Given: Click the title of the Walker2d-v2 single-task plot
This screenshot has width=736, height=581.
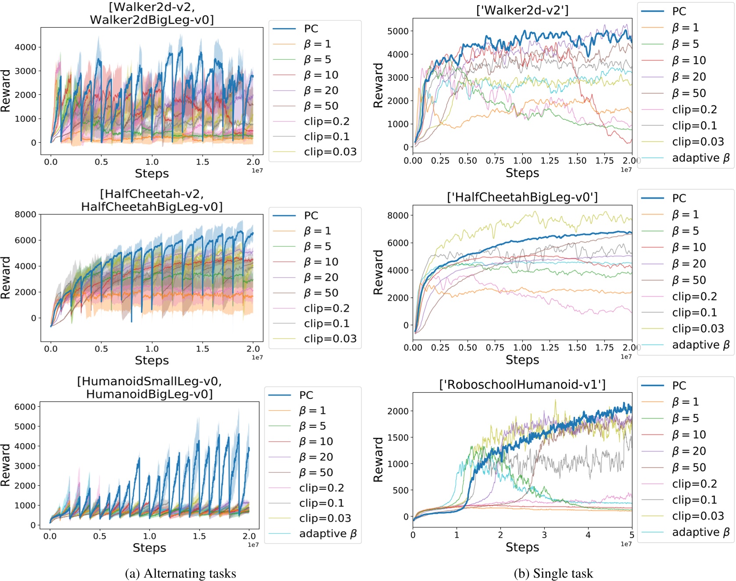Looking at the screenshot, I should [x=522, y=10].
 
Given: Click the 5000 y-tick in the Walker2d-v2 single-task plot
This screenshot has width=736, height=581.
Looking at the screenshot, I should [x=398, y=31].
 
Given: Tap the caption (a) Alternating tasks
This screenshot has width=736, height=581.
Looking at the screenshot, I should [x=180, y=574].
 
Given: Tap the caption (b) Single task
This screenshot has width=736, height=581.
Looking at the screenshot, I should [x=553, y=574].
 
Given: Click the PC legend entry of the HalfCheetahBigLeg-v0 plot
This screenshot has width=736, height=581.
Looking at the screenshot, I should [x=679, y=198].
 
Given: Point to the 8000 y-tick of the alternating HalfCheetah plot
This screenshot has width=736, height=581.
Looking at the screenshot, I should [x=25, y=214].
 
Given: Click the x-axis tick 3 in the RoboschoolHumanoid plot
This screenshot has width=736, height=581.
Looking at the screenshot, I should [x=544, y=535].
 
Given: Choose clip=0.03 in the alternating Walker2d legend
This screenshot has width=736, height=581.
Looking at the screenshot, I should [x=330, y=152].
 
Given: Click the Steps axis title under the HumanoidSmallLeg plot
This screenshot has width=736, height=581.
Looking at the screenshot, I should [x=149, y=548].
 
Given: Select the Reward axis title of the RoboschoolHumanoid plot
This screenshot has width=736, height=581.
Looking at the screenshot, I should [x=378, y=459].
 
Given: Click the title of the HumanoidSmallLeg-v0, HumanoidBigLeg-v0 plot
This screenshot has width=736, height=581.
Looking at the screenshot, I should [x=149, y=387].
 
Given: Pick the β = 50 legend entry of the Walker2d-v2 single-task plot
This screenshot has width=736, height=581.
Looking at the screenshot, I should [x=689, y=94].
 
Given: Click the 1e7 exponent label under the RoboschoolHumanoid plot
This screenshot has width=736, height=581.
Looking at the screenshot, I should [x=626, y=544].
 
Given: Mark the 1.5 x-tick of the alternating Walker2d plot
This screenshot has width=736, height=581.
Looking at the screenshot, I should [x=203, y=162].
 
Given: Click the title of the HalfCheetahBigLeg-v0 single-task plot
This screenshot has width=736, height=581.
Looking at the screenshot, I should [x=522, y=198].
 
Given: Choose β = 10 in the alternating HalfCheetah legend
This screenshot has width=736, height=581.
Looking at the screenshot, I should [x=321, y=262].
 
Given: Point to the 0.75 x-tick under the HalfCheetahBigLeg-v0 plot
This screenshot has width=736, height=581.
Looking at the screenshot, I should [x=495, y=348].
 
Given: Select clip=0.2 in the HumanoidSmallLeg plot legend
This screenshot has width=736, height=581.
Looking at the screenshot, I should [x=321, y=488].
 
